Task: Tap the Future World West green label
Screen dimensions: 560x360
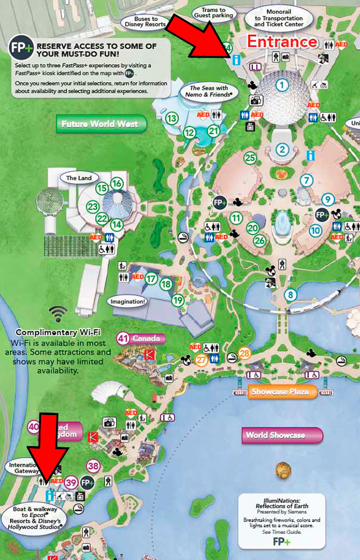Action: [x=100, y=124]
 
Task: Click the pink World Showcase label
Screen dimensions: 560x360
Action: [x=275, y=435]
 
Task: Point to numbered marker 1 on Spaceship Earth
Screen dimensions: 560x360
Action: [x=283, y=85]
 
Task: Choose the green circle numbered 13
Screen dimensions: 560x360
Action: [x=172, y=118]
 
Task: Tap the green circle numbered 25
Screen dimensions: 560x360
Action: [x=250, y=158]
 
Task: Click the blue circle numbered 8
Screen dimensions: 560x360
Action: [x=290, y=294]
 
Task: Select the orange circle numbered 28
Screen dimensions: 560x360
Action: [x=244, y=354]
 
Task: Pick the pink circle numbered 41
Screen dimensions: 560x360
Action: [x=123, y=338]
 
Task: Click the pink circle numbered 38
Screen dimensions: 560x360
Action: [x=94, y=465]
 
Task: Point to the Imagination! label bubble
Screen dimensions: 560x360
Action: [x=127, y=302]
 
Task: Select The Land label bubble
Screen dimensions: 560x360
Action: [x=79, y=178]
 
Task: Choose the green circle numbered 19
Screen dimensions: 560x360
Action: [x=178, y=301]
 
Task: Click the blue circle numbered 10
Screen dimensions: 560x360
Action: [x=316, y=231]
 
